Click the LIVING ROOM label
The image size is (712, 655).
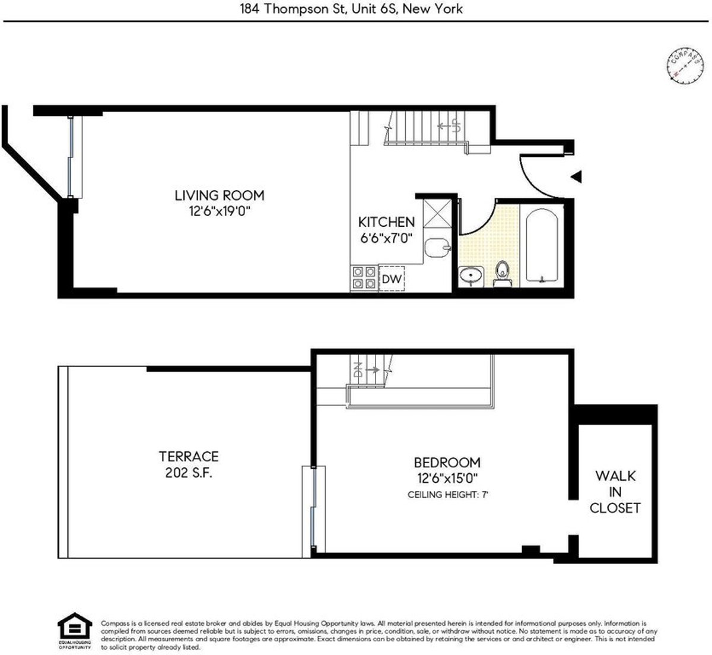[x=219, y=195]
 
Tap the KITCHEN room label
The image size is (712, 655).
[x=386, y=222]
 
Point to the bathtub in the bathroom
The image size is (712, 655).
[x=541, y=245]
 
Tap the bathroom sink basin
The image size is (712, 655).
[x=472, y=276]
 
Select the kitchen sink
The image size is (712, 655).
[x=438, y=246]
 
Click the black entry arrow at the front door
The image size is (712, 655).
[x=576, y=176]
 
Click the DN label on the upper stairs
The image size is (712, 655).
[x=357, y=371]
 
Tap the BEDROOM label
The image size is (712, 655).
[x=447, y=462]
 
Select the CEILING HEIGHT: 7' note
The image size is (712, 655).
[x=447, y=494]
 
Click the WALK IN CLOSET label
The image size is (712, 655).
[x=615, y=492]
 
